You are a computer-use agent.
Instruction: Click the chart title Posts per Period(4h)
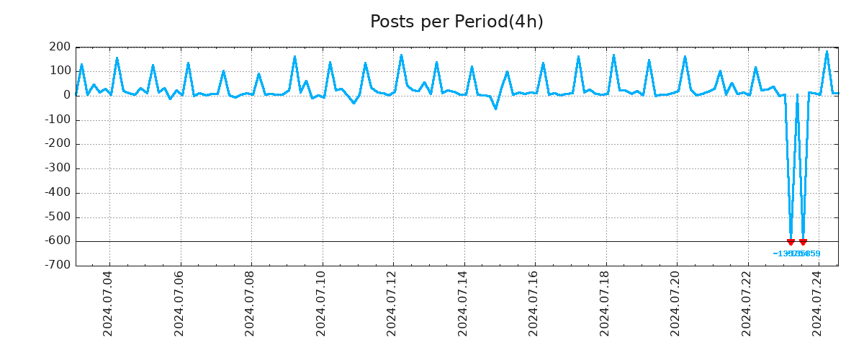(456, 22)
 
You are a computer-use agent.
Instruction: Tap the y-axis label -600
(58, 241)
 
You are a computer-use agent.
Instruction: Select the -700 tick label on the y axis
(58, 266)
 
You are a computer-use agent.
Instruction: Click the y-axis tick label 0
(66, 95)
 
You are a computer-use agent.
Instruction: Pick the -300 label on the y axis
(58, 168)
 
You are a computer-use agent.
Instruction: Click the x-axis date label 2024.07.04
(108, 303)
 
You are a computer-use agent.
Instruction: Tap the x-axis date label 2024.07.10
(321, 303)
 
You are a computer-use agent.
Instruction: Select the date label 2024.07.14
(463, 303)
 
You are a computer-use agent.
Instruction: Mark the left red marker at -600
(791, 242)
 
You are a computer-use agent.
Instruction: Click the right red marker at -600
(803, 242)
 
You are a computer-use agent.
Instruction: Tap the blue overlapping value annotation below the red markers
(796, 253)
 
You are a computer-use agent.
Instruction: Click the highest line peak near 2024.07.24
(827, 51)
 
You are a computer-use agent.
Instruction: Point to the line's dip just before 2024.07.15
(495, 109)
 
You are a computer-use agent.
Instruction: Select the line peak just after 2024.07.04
(117, 58)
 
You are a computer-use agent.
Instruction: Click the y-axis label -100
(58, 120)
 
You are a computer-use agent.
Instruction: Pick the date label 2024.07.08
(250, 303)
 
